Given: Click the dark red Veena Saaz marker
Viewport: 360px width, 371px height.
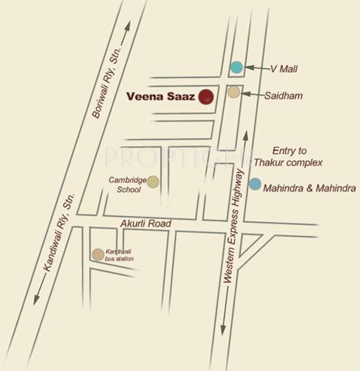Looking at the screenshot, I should click(x=207, y=97).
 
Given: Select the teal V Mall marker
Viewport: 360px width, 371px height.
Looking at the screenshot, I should click(x=236, y=67).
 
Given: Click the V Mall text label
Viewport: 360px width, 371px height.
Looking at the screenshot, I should click(x=284, y=69).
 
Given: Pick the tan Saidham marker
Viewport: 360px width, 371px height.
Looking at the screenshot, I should click(x=234, y=92).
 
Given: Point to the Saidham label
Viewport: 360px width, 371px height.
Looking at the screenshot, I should click(x=283, y=96).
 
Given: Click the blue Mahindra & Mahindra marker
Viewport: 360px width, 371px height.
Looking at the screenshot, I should click(x=255, y=184).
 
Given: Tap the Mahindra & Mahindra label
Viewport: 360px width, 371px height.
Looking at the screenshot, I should click(x=309, y=188).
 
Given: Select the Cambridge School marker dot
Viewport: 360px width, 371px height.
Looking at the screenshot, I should click(x=153, y=182).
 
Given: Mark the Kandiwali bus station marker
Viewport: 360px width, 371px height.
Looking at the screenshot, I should click(x=98, y=255).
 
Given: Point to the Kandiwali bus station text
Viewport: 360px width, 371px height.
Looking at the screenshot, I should click(x=119, y=255).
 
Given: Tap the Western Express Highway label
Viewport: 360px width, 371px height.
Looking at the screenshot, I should click(x=236, y=227).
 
